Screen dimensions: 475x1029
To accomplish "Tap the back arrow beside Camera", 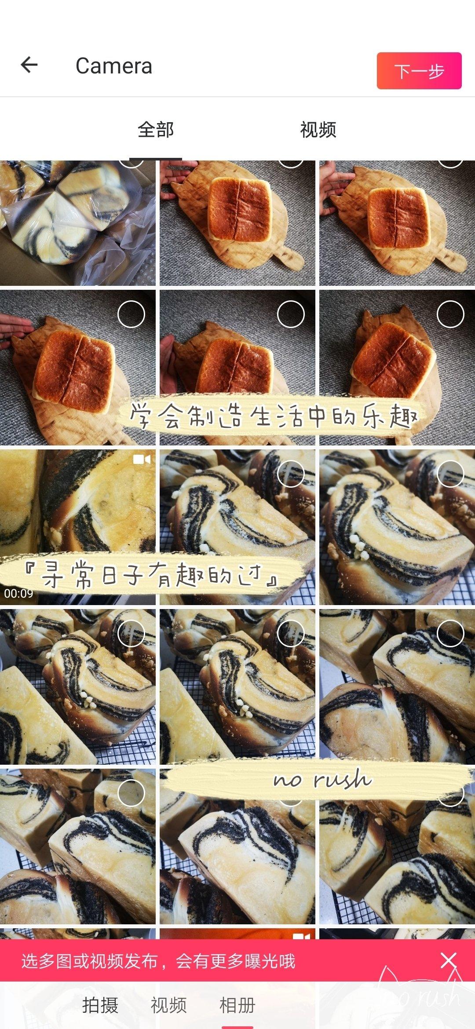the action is coord(29,65).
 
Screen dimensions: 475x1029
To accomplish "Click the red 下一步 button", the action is coord(419,71).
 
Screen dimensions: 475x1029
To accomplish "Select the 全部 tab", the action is coord(156,130).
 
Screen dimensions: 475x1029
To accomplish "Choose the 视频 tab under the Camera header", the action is coord(318,130).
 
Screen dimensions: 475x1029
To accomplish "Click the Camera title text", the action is coord(114,66).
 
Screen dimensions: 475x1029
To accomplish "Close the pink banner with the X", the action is coord(449,961).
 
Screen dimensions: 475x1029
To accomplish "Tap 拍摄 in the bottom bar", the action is coord(100,1005).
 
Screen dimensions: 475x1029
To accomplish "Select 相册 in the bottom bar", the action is coord(237,1005).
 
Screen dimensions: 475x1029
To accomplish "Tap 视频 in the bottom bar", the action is coord(169,1005).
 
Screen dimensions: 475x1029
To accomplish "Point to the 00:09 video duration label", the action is coord(18,593).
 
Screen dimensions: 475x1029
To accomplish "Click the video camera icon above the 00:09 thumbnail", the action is coord(142,460).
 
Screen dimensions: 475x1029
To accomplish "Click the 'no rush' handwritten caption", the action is coord(322,780).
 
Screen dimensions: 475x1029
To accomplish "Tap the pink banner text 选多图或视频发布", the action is coord(90,961).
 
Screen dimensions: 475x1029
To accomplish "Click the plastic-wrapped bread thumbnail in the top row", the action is coord(78,223).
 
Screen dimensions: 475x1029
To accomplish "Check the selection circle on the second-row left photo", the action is coord(131,314).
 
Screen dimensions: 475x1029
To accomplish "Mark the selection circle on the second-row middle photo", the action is coord(291,314).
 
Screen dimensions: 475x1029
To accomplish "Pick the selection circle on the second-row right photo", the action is coord(450,314).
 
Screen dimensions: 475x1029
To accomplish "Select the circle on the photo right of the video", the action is coord(291,474).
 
